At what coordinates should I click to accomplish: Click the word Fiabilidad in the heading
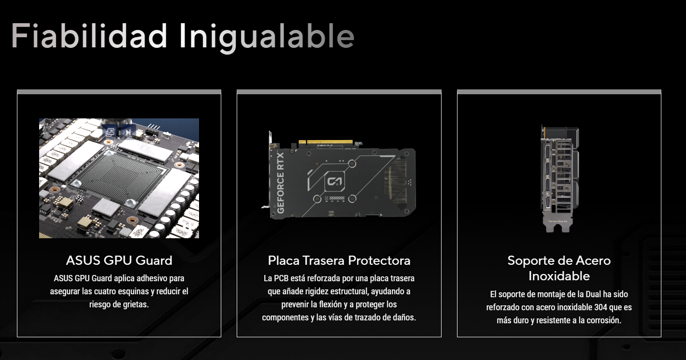click(x=89, y=36)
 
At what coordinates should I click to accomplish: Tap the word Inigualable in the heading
click(x=267, y=38)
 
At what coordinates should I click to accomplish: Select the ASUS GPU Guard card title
click(x=119, y=260)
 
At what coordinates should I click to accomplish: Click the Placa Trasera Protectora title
click(x=339, y=260)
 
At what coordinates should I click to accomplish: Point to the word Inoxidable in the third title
click(x=559, y=276)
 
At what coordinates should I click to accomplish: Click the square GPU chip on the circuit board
click(x=119, y=178)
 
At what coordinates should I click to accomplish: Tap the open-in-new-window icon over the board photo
click(x=110, y=132)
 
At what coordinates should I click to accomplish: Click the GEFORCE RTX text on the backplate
click(x=280, y=183)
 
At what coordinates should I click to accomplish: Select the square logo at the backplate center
click(x=334, y=181)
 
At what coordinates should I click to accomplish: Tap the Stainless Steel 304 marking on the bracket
click(x=557, y=221)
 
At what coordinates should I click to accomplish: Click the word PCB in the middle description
click(x=281, y=278)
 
